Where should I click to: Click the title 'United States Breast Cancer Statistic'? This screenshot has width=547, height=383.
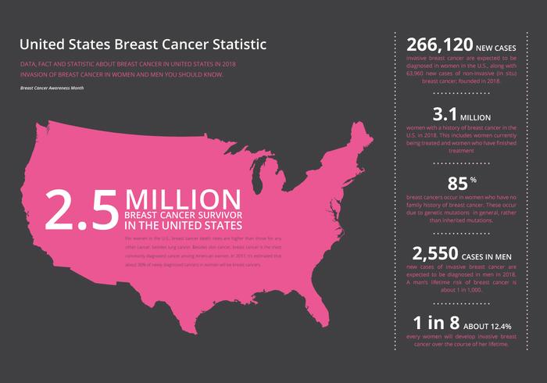[142, 44]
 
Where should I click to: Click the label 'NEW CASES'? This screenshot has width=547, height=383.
[499, 48]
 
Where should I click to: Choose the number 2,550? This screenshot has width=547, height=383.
[441, 253]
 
